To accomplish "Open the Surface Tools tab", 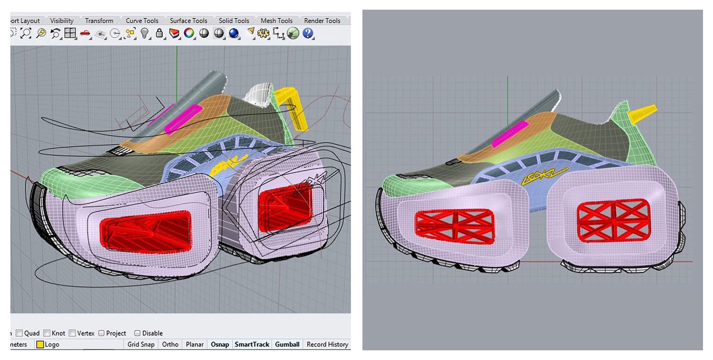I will [188, 21].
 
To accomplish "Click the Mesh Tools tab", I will [277, 21].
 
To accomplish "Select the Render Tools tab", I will [322, 21].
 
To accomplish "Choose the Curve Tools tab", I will [142, 21].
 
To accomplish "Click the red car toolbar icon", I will [85, 34].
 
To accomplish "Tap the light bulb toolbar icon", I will [145, 34].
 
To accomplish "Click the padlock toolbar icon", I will [159, 34].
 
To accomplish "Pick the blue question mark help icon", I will [308, 34].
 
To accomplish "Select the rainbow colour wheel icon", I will [189, 34].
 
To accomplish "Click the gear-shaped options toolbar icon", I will [263, 34].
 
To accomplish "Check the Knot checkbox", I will [47, 333].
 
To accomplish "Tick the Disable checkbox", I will [137, 333].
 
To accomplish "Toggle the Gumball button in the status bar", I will [287, 344].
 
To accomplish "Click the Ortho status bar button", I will [170, 344].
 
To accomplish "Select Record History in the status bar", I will [327, 344].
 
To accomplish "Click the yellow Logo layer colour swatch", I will [40, 345].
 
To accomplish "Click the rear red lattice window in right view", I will [614, 219].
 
